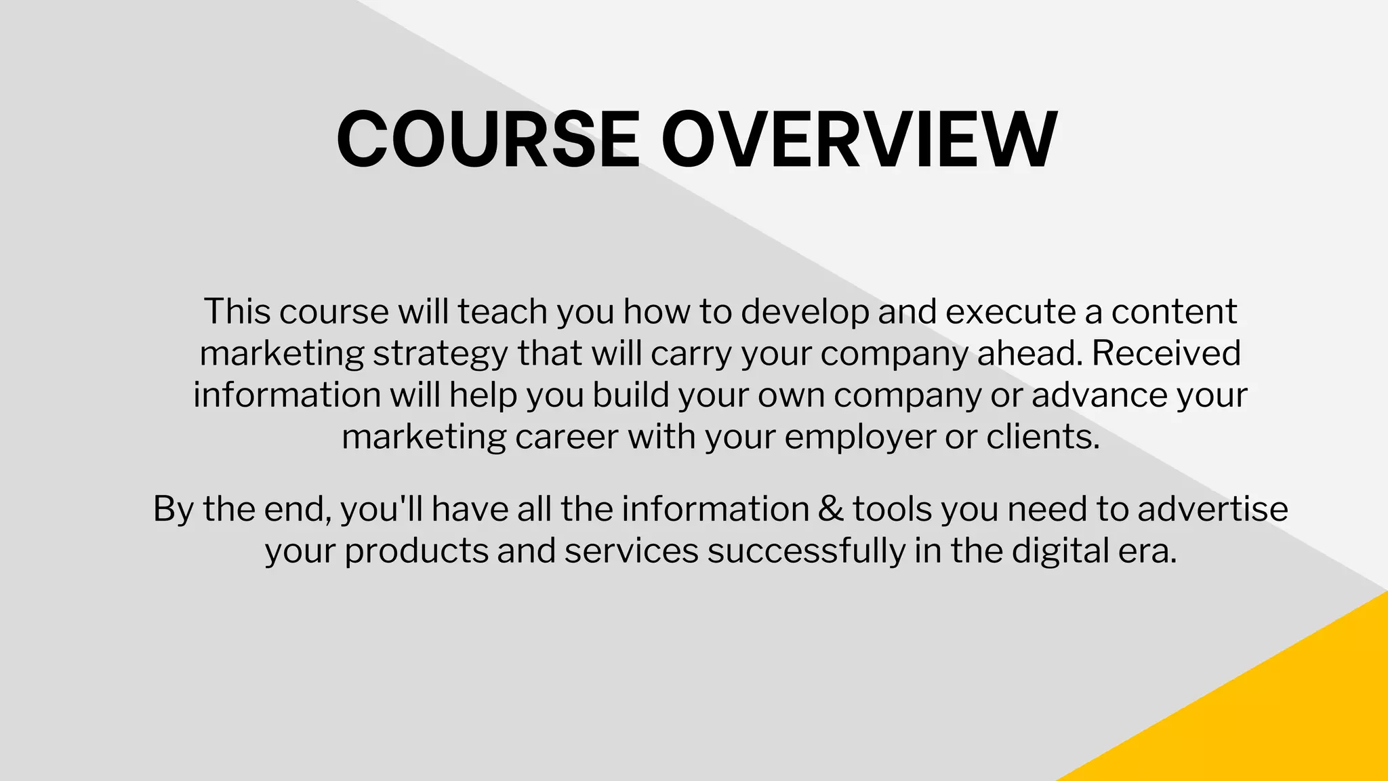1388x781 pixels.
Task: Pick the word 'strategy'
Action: tap(441, 354)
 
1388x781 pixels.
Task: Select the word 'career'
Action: tap(567, 437)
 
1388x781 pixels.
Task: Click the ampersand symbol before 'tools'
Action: tap(830, 508)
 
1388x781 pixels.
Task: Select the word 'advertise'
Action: tap(1212, 508)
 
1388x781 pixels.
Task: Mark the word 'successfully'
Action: tap(807, 550)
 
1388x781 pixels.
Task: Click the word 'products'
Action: tap(416, 551)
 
